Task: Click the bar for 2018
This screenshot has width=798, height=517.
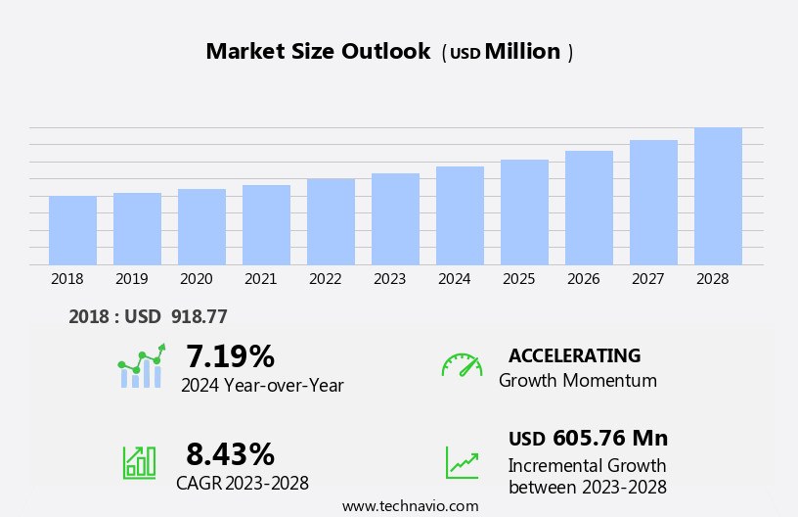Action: click(72, 230)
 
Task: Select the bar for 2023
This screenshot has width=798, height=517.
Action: click(395, 219)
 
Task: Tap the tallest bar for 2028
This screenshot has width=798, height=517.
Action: click(718, 196)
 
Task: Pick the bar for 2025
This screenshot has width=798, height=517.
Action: click(524, 212)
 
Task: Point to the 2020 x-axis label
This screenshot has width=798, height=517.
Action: click(196, 279)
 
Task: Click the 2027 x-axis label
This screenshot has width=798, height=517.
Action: click(647, 279)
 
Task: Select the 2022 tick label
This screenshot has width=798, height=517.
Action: click(325, 279)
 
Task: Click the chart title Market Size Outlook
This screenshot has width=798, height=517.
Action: click(318, 52)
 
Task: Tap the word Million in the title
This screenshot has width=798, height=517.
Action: click(522, 52)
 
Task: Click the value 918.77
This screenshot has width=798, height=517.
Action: click(199, 316)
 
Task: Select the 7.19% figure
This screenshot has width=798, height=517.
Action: click(230, 356)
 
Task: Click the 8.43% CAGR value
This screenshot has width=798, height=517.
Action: click(230, 454)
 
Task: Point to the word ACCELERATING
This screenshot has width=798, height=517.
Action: click(574, 355)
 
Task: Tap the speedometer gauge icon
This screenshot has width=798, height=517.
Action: click(462, 365)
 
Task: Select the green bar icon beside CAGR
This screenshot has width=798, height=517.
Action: click(139, 461)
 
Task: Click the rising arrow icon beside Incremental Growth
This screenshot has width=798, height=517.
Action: click(462, 462)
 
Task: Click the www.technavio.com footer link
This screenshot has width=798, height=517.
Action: click(410, 506)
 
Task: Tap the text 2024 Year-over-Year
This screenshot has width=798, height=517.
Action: click(262, 386)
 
